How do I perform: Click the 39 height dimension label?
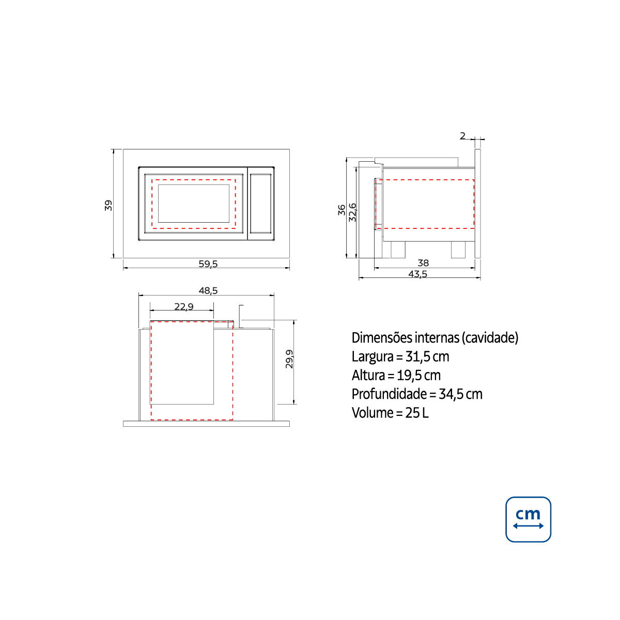point(109,205)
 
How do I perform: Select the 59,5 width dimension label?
point(208,264)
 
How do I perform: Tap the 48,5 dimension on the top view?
point(208,290)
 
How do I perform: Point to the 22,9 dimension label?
point(184,306)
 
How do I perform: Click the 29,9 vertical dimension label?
point(289,359)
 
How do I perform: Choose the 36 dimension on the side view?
point(342,210)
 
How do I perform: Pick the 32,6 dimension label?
point(353,212)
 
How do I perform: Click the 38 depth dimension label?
point(423,263)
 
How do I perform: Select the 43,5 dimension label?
point(417,274)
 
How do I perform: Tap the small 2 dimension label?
point(462,136)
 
